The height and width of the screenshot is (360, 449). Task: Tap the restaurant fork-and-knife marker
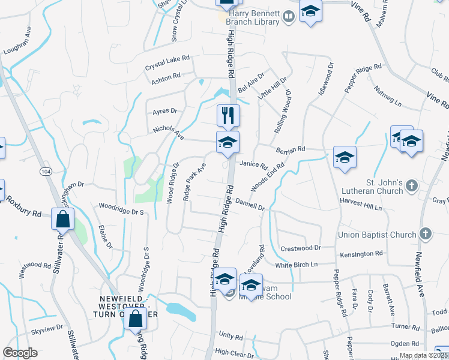(228, 115)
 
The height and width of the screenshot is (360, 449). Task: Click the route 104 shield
(45, 172)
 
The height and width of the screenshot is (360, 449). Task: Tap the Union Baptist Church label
(377, 234)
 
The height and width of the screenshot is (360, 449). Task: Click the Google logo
(20, 353)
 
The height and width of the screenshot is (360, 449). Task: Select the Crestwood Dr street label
(301, 247)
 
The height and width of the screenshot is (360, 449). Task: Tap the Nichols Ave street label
(168, 131)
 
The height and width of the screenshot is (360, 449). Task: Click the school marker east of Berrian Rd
(345, 157)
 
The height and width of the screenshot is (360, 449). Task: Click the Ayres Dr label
(165, 111)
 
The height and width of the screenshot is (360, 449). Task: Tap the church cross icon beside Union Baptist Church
(425, 233)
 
